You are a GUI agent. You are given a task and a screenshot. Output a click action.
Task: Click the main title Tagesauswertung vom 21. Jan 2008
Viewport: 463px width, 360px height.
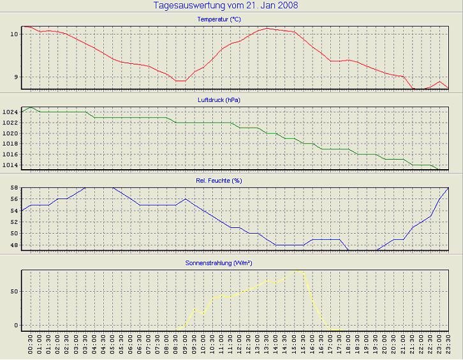[x=226, y=6]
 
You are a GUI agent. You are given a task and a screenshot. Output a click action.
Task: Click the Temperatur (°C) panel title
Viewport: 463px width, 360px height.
[x=219, y=19]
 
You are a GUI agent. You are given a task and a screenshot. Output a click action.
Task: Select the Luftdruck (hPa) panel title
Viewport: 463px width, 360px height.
[x=219, y=100]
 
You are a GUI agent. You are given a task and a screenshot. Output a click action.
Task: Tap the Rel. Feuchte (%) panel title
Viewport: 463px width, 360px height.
[x=219, y=181]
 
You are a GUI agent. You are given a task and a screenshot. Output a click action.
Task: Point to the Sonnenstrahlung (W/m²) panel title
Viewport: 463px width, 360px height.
[x=219, y=262]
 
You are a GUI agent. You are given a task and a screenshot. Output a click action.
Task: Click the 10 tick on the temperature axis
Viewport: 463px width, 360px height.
[x=14, y=33]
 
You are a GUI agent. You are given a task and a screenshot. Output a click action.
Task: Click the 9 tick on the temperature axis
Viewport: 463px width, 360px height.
[x=16, y=77]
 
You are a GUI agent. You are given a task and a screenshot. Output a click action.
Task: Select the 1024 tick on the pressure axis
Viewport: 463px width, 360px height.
[x=10, y=112]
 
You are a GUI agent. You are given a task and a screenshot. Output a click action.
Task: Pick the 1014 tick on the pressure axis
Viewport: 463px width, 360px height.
[x=10, y=165]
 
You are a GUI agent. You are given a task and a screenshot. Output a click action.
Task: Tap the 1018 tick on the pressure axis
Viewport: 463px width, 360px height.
[x=10, y=144]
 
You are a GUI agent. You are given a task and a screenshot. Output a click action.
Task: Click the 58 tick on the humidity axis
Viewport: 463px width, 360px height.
[x=14, y=188]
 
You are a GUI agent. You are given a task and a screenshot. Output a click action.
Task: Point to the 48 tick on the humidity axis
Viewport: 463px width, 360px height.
[x=14, y=245]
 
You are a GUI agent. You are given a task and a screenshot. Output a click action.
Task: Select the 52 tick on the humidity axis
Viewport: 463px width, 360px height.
[x=14, y=221]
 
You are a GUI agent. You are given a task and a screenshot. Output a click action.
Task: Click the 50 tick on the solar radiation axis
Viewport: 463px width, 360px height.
[x=14, y=291]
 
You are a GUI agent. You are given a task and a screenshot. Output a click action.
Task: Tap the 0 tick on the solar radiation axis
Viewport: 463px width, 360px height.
[x=17, y=325]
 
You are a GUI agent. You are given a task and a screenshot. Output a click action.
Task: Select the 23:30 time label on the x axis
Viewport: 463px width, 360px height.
[x=448, y=347]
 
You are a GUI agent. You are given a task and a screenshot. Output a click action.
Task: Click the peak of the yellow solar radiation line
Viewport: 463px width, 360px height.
[x=295, y=270]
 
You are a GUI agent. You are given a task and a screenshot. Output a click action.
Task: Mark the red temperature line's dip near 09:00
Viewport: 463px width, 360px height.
[x=180, y=81]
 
